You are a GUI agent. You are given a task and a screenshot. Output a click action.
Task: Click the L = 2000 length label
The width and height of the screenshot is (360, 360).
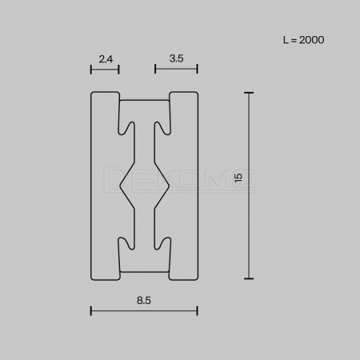click(303, 40)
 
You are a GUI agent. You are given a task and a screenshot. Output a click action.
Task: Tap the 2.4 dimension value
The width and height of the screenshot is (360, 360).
click(106, 59)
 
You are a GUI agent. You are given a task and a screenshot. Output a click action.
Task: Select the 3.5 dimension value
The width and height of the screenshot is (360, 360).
click(176, 58)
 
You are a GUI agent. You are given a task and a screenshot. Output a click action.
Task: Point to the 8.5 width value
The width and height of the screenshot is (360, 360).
click(144, 301)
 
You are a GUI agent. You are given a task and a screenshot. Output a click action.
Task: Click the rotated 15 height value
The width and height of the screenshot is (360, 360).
click(238, 178)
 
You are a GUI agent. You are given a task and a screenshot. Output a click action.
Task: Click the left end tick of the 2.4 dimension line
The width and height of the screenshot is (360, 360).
click(91, 70)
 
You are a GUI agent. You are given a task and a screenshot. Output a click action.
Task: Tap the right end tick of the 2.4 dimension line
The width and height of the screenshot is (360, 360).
click(118, 70)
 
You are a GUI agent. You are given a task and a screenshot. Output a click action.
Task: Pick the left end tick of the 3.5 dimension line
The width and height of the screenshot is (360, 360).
click(155, 69)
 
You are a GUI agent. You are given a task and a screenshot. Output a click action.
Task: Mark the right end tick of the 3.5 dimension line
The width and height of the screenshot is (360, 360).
click(197, 69)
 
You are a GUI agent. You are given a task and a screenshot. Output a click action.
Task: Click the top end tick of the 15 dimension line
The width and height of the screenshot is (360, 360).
click(249, 93)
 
